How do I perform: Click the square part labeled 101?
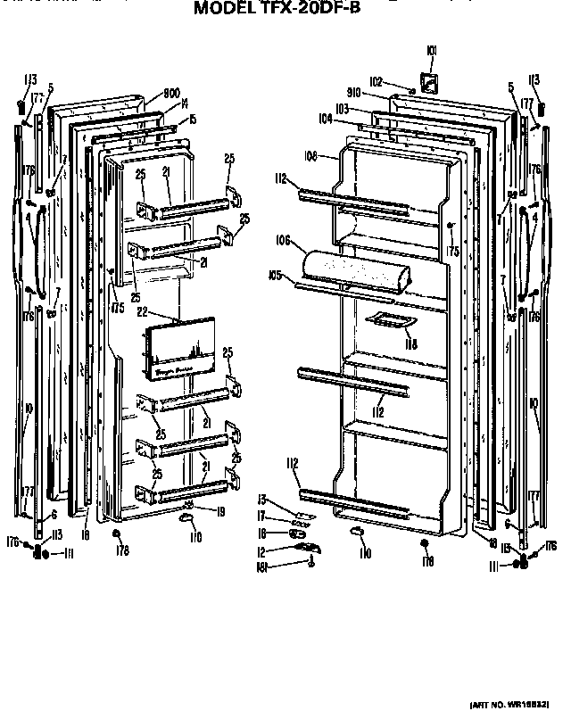point(430,83)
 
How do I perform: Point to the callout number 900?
point(172,93)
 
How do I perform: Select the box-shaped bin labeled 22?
point(178,354)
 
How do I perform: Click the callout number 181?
point(263,566)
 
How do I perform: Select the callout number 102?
point(377,79)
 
